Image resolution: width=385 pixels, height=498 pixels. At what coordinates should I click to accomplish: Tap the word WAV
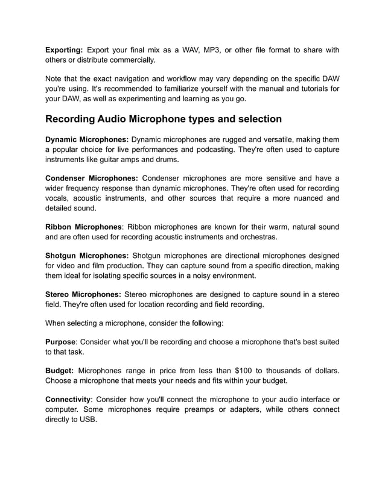[192, 49]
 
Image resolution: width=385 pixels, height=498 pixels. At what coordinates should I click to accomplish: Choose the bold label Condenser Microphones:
[92, 178]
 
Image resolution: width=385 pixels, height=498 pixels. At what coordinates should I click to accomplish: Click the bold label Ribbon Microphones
[84, 227]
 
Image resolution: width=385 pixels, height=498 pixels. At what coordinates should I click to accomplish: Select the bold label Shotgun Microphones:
[87, 255]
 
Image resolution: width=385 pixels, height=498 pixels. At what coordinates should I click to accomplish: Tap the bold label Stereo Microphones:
[83, 294]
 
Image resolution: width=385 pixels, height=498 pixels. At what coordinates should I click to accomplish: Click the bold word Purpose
[61, 342]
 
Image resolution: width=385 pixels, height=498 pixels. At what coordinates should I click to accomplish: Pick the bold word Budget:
[60, 370]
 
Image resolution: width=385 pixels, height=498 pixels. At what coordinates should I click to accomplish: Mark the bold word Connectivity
[68, 399]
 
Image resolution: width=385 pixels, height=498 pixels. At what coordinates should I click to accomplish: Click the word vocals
[58, 197]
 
